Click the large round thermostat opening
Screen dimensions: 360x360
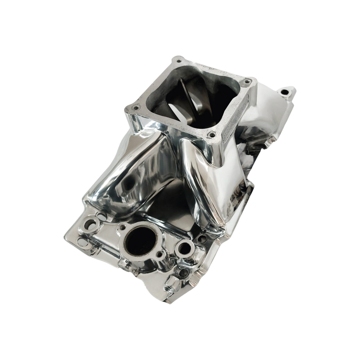pyautogui.click(x=141, y=241)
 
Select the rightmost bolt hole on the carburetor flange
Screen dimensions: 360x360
pyautogui.click(x=247, y=81)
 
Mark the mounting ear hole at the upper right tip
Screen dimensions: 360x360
pyautogui.click(x=284, y=92)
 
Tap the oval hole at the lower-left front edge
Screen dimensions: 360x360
pyautogui.click(x=82, y=242)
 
